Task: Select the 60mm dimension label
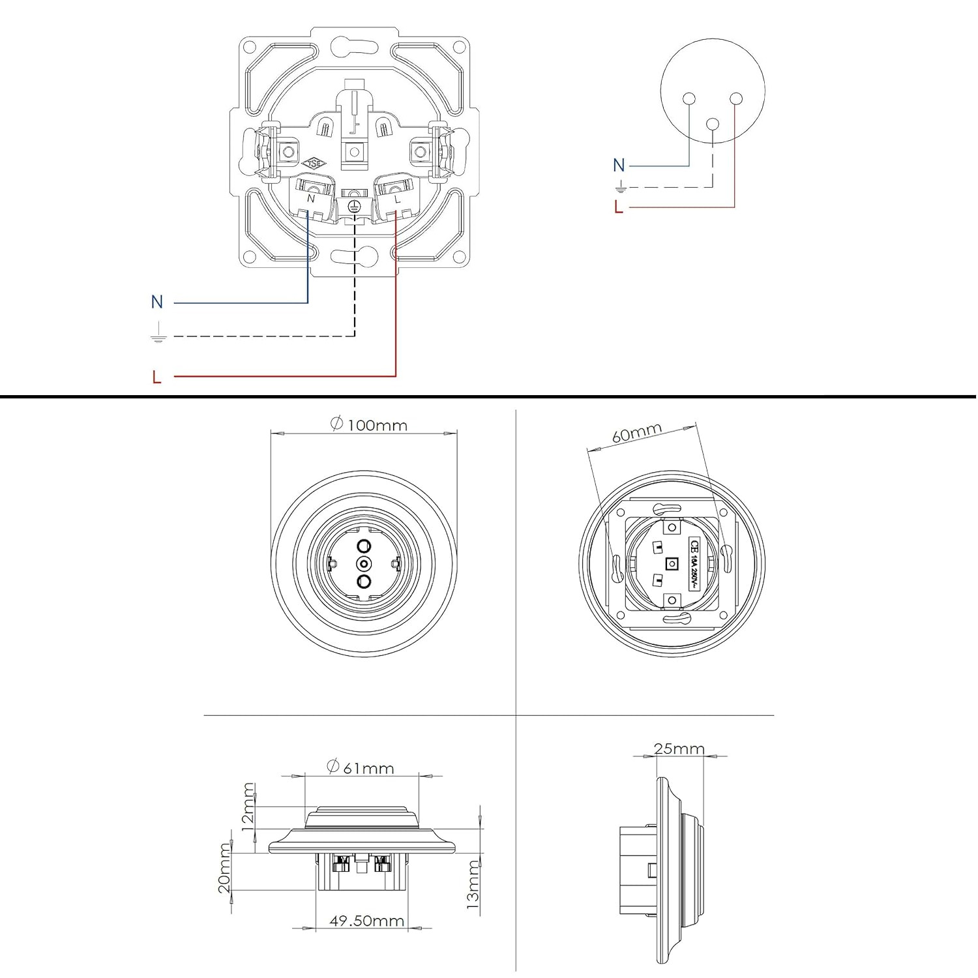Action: tap(636, 433)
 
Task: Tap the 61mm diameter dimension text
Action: tap(361, 768)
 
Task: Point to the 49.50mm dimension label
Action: tap(366, 921)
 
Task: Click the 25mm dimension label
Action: tap(679, 748)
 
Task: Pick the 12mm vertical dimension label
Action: tap(248, 807)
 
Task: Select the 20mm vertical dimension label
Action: tap(224, 868)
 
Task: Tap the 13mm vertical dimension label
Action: tap(473, 885)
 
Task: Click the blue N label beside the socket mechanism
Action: tap(156, 302)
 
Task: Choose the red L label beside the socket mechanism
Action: tap(156, 377)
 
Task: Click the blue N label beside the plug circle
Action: tap(619, 166)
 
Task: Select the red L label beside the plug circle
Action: tap(619, 207)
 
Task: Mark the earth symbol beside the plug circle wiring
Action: tap(621, 188)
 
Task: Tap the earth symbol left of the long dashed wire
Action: tap(158, 335)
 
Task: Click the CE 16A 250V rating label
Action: tap(694, 564)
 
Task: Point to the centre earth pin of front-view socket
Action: tap(364, 563)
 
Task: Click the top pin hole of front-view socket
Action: tap(364, 545)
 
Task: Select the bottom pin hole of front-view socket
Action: tap(364, 582)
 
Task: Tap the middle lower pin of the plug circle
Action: tap(713, 123)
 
